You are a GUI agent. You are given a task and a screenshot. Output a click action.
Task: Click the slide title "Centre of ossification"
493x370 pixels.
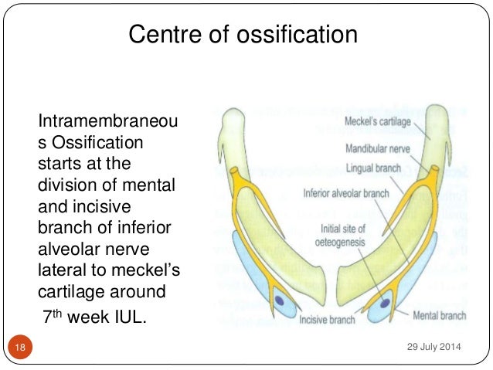point(243,34)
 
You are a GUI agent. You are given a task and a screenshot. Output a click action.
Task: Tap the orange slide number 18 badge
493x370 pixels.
point(20,348)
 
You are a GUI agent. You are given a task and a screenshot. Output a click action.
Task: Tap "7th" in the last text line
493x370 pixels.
point(51,315)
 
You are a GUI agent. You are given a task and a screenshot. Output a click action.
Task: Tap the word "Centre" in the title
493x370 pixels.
point(158,34)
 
